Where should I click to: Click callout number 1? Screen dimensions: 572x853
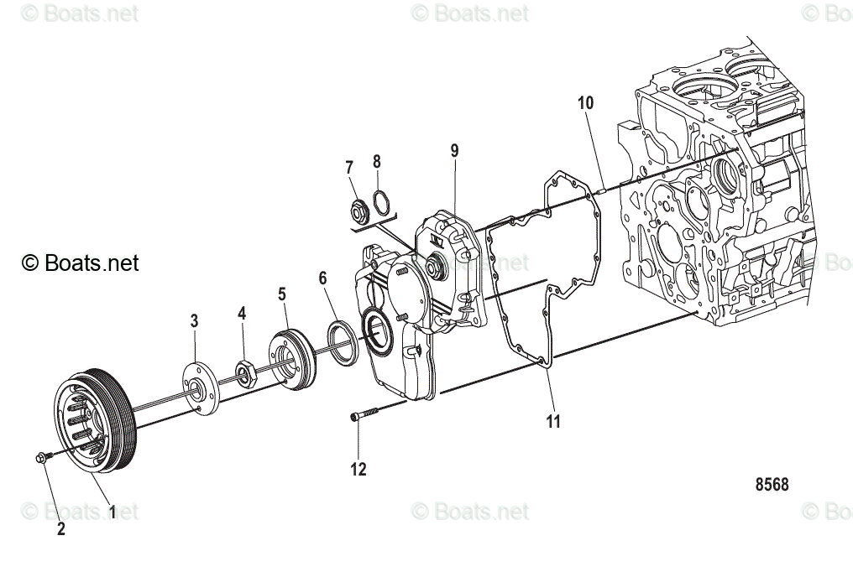113,511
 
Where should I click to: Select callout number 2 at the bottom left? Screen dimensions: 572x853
60,528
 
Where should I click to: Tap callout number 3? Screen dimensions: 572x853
194,320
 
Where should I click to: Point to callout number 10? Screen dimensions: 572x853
585,103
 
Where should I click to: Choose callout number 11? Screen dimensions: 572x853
552,421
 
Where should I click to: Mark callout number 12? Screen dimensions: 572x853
358,470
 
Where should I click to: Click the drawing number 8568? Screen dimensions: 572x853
772,485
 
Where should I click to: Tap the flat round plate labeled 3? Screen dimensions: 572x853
198,388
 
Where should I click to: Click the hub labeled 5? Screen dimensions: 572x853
290,362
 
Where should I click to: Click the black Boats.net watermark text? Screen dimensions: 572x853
80,263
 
